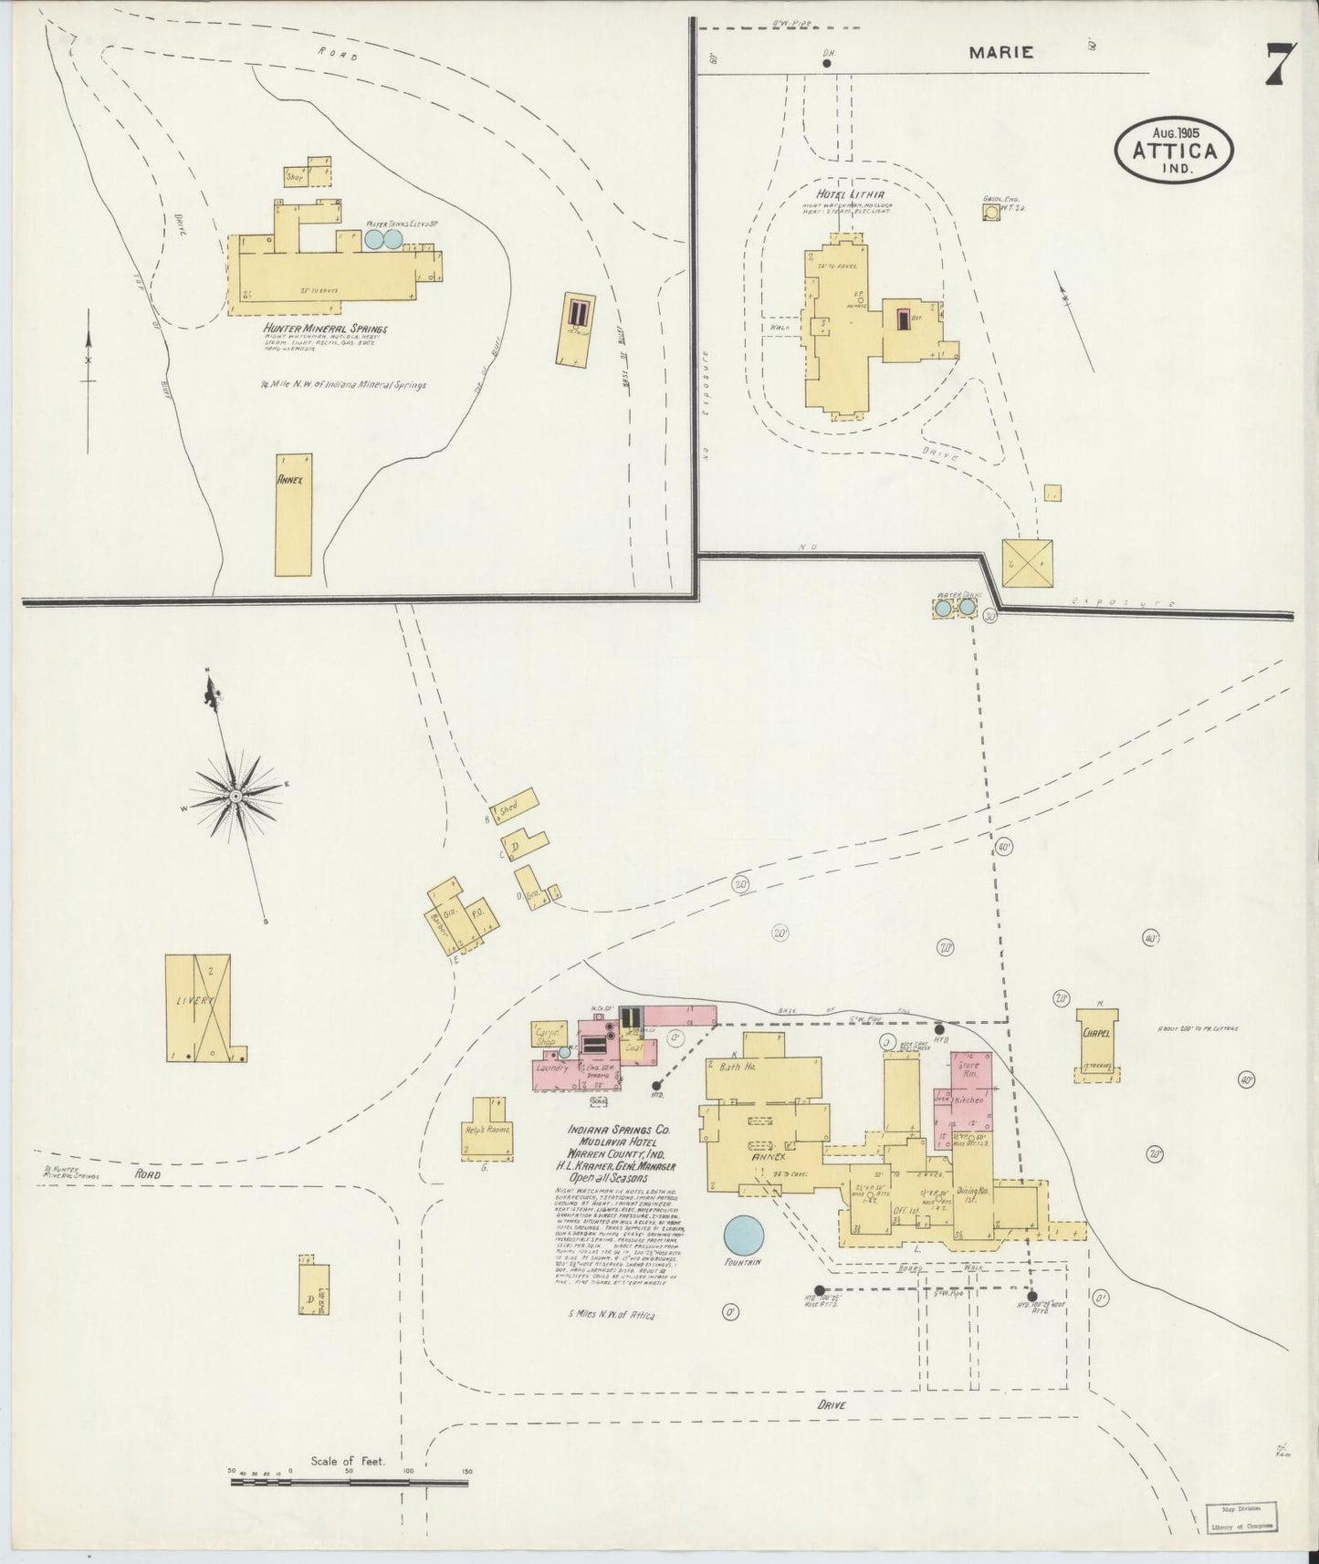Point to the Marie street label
coord(1001,53)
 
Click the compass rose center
coord(236,797)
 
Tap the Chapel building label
coord(1095,1034)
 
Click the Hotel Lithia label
coord(851,194)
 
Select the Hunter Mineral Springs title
coord(325,328)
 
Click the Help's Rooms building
coord(487,1129)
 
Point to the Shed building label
coord(508,808)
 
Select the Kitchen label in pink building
coord(968,1100)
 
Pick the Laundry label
coord(552,1067)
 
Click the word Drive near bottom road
coord(832,1431)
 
